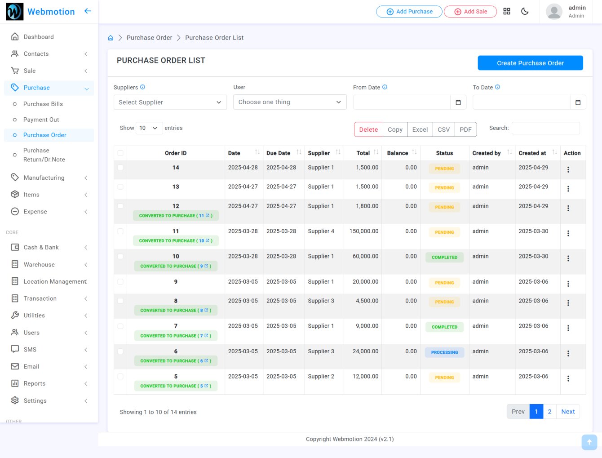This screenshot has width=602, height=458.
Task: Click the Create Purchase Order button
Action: (530, 63)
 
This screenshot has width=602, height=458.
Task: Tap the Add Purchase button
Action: (409, 12)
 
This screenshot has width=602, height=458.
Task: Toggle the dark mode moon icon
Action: (525, 11)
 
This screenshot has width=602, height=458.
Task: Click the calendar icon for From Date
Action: (458, 102)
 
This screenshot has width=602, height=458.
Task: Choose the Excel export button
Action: (420, 129)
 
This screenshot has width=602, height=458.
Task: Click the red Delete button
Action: (368, 129)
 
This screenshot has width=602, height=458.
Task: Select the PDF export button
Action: (465, 129)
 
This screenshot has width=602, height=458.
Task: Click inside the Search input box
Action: (545, 128)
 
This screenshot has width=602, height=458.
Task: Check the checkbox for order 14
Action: (120, 168)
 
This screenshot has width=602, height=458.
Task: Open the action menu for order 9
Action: (568, 284)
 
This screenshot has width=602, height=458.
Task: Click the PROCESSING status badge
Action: (444, 352)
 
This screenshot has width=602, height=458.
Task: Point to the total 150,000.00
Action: (364, 231)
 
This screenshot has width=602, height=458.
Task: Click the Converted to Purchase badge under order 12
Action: (176, 216)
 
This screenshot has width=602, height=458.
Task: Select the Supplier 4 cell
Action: (321, 231)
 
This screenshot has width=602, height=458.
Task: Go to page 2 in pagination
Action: (549, 412)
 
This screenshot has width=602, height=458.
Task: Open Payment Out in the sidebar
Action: (41, 120)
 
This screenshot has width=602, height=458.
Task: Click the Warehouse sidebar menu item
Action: (39, 265)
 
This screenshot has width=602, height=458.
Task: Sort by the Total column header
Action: (363, 153)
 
